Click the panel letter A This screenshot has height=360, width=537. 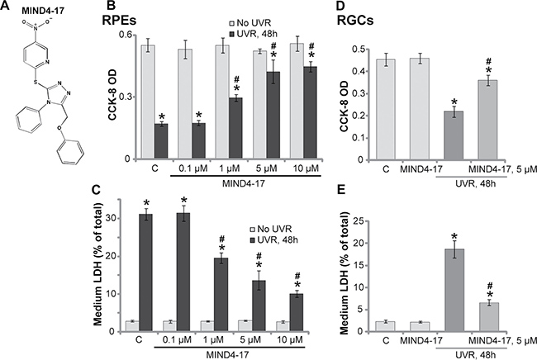point(7,11)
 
